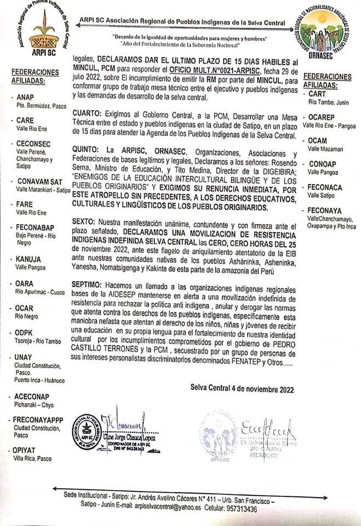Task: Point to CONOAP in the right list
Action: click(322, 164)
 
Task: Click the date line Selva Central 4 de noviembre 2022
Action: click(242, 390)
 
